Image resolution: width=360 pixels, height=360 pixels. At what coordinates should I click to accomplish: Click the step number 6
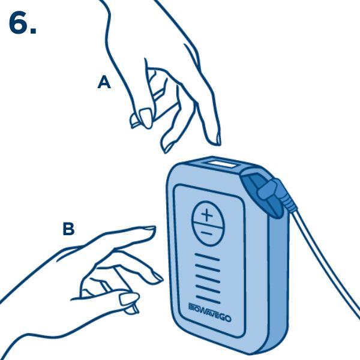[x=23, y=23]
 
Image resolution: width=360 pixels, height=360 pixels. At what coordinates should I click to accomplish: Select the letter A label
[x=104, y=83]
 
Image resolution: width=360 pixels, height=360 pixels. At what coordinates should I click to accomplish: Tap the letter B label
[x=68, y=229]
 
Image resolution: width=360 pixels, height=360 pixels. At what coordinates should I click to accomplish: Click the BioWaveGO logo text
[x=209, y=312]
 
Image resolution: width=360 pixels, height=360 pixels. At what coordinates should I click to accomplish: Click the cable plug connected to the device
[x=275, y=193]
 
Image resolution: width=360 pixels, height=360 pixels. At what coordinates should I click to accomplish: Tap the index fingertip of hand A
[x=215, y=139]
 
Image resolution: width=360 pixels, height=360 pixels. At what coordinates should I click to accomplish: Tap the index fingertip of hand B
[x=149, y=230]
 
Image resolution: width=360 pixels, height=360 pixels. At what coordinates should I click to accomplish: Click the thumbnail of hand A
[x=146, y=118]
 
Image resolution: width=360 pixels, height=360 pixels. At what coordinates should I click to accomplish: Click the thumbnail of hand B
[x=129, y=298]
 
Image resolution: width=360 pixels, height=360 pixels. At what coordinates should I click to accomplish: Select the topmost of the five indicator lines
[x=208, y=257]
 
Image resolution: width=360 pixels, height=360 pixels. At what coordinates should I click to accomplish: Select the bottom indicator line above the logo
[x=208, y=299]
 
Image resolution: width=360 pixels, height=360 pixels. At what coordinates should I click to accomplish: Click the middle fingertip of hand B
[x=157, y=278]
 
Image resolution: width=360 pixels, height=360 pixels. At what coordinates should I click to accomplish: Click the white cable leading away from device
[x=326, y=262]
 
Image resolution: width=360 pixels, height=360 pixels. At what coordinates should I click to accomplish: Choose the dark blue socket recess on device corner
[x=262, y=195]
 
